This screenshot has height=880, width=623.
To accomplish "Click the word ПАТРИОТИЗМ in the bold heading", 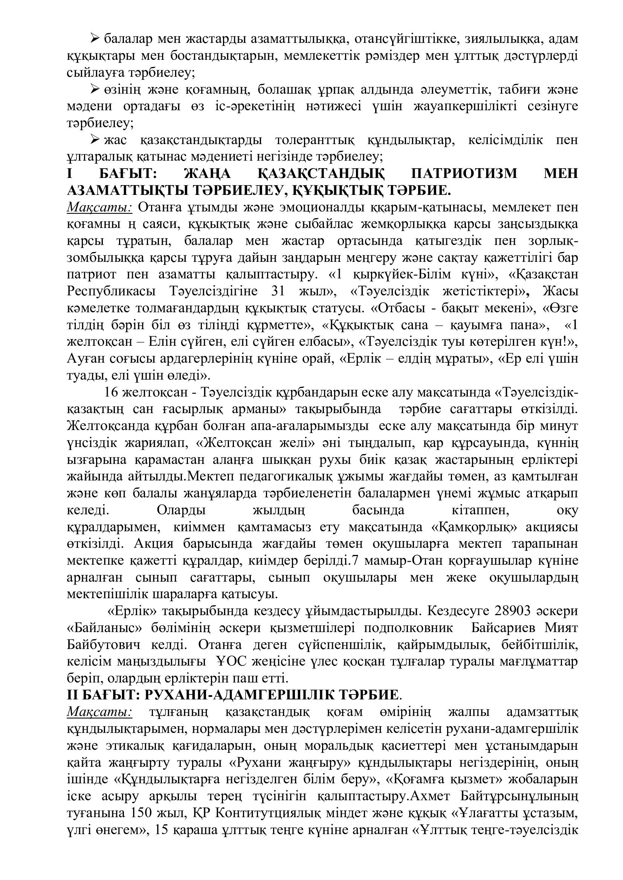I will click(464, 173).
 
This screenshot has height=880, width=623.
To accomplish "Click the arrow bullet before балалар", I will click(95, 38).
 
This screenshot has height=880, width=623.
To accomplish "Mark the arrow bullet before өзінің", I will click(95, 89).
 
